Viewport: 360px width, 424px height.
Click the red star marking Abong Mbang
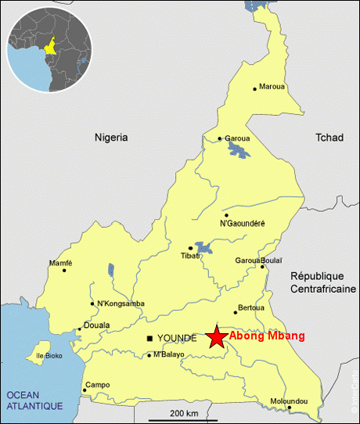point(217,337)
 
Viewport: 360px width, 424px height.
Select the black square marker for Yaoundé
point(150,338)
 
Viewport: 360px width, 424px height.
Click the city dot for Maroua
point(254,88)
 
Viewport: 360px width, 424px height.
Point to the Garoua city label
point(237,138)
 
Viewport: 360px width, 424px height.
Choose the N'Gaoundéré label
point(243,224)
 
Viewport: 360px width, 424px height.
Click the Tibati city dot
point(190,248)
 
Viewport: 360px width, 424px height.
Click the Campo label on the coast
point(98,384)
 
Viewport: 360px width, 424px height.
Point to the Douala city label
point(96,325)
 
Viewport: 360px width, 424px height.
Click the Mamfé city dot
point(64,271)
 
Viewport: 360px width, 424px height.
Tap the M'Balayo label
point(169,354)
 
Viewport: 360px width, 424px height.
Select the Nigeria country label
point(111,137)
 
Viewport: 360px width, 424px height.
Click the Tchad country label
point(329,137)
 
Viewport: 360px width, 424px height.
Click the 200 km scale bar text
point(184,412)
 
